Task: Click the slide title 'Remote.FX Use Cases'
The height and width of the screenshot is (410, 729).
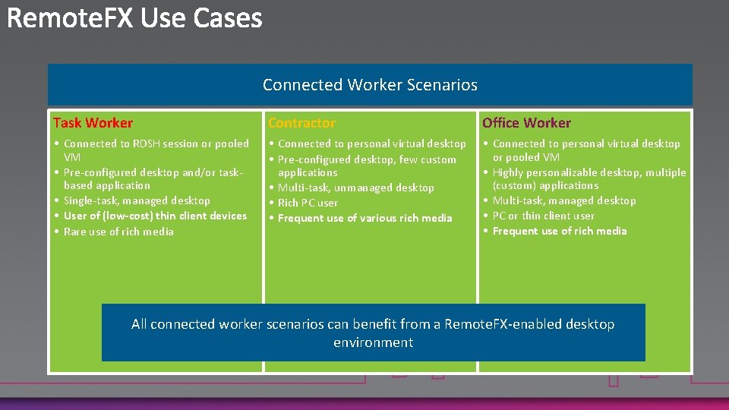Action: pyautogui.click(x=135, y=18)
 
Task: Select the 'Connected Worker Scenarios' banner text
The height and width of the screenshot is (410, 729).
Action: pyautogui.click(x=370, y=85)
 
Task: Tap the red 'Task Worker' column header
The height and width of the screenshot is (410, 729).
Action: pyautogui.click(x=93, y=123)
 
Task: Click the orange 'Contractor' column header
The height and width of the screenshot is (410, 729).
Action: pyautogui.click(x=301, y=123)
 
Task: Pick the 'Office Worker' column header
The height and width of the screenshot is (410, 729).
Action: pyautogui.click(x=526, y=123)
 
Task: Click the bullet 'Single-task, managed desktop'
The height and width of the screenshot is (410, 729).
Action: pyautogui.click(x=137, y=200)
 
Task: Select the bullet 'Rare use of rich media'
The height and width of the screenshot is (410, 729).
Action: pyautogui.click(x=118, y=232)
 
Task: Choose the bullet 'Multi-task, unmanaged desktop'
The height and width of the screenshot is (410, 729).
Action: pyautogui.click(x=355, y=188)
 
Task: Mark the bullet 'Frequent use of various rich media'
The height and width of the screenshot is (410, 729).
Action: pyautogui.click(x=364, y=218)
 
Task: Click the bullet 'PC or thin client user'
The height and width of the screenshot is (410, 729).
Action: pyautogui.click(x=543, y=216)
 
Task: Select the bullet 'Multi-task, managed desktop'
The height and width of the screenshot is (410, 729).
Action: pyautogui.click(x=564, y=200)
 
